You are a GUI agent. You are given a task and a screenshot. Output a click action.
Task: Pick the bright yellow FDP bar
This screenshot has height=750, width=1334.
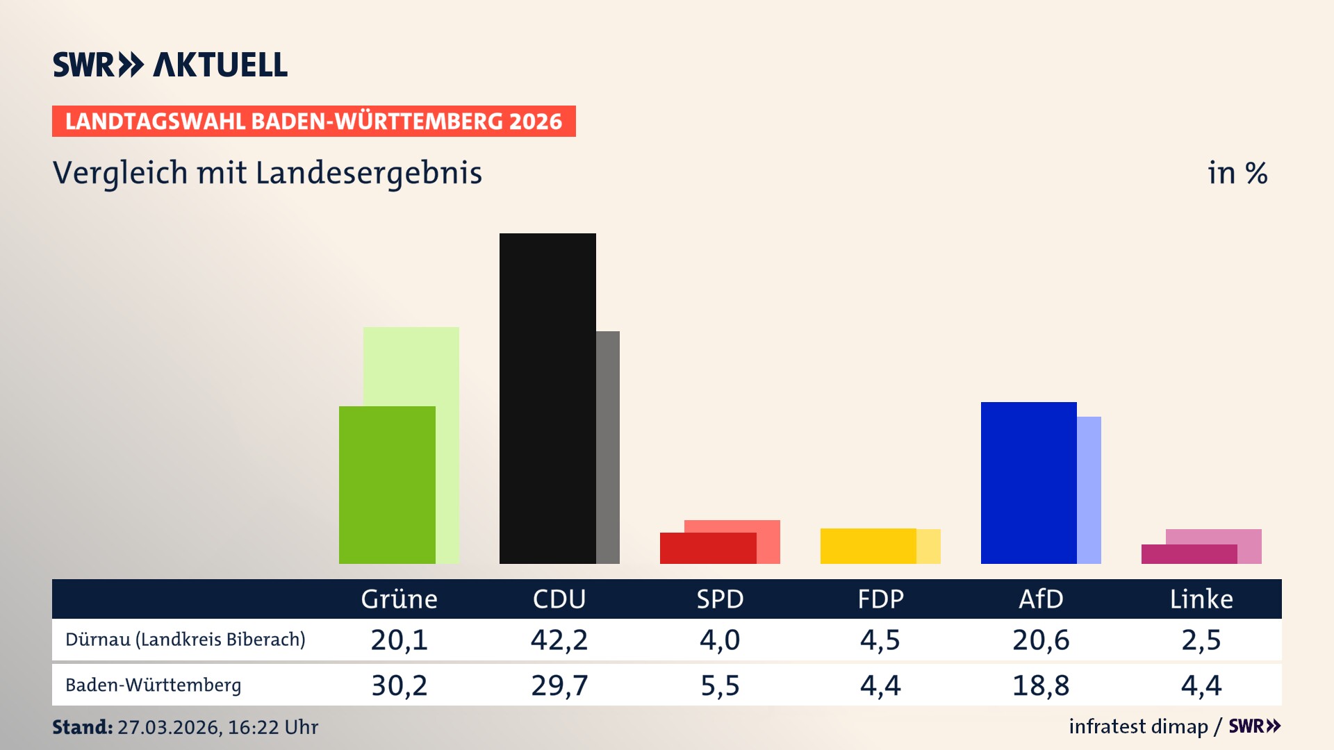tap(868, 546)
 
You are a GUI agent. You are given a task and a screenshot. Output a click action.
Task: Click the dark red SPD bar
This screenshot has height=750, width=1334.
tap(708, 548)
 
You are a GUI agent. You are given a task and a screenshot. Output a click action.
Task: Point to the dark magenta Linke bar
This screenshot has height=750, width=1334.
tap(1189, 554)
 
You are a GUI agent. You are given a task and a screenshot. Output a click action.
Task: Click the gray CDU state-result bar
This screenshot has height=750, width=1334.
tap(608, 447)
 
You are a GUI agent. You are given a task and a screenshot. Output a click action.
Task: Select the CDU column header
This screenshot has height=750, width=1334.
tap(559, 599)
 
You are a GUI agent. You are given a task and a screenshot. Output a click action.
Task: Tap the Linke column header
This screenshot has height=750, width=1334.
tap(1201, 599)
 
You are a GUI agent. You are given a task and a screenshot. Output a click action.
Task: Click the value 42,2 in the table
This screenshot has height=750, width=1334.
tap(559, 640)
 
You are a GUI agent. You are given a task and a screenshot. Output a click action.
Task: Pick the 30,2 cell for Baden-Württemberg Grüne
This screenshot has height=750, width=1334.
tap(399, 685)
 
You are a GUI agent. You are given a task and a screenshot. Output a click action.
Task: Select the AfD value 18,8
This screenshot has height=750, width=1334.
tap(1041, 685)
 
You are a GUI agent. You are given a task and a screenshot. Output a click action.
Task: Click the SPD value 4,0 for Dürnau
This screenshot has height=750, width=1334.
tap(720, 640)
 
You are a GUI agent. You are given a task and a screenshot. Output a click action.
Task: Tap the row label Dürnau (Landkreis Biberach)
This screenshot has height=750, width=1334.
tap(186, 640)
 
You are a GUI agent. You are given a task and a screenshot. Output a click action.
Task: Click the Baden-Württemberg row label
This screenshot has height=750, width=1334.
tap(154, 685)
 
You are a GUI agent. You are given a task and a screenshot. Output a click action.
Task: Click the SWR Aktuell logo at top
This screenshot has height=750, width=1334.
tap(170, 65)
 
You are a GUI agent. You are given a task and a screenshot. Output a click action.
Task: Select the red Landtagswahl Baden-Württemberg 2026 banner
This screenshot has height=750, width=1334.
tap(313, 122)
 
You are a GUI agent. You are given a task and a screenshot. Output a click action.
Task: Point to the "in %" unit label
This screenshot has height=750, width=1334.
tap(1237, 173)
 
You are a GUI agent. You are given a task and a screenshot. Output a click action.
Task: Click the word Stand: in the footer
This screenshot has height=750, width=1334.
tap(82, 727)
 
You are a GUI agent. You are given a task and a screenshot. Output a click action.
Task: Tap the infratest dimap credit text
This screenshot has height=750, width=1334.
tap(1138, 726)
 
